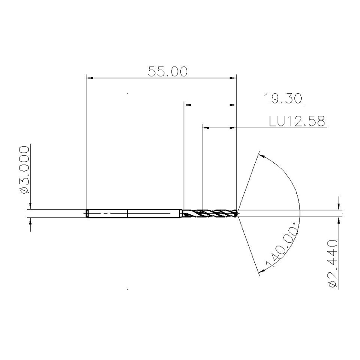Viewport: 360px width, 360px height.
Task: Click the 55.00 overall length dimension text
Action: (168, 72)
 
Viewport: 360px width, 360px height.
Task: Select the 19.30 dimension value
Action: (283, 98)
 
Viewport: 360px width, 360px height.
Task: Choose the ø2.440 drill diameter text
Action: (333, 264)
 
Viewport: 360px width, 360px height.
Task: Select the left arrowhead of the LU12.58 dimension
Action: (206, 128)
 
